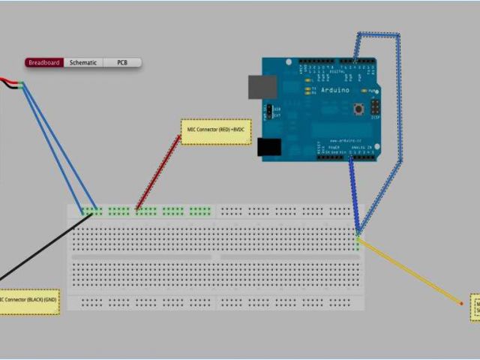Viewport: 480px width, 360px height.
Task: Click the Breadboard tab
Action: tap(44, 63)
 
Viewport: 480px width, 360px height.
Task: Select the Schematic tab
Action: tap(83, 63)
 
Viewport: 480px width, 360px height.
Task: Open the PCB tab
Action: tap(121, 63)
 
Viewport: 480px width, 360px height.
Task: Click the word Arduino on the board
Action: tap(334, 90)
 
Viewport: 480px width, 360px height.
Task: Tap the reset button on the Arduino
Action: tap(359, 109)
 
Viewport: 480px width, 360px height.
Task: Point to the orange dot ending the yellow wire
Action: tap(460, 303)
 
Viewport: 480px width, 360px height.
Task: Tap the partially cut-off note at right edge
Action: tap(475, 307)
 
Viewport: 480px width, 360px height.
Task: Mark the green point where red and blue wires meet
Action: tap(22, 85)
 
